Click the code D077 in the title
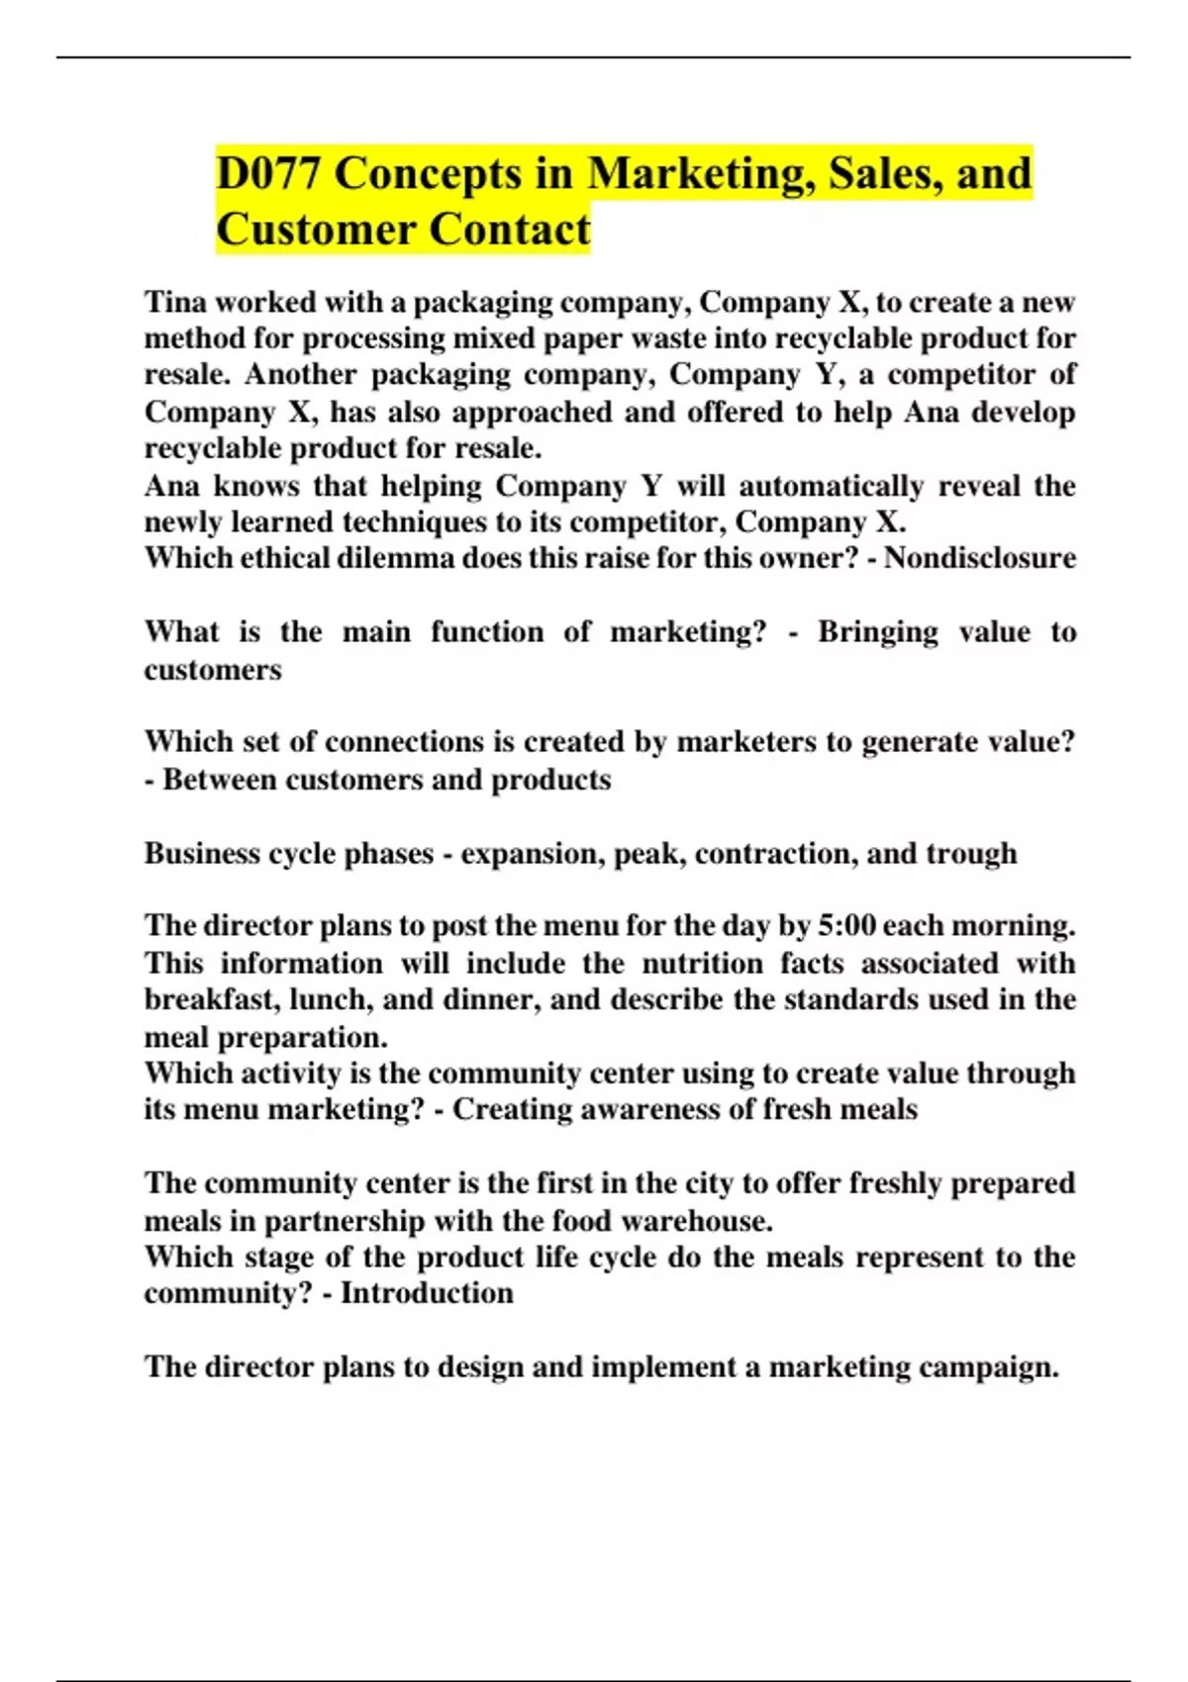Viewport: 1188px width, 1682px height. [268, 174]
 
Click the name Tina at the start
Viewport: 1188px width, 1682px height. [174, 302]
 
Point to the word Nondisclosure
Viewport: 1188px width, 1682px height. [979, 558]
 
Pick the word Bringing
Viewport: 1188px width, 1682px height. [877, 632]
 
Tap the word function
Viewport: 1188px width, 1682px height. [486, 632]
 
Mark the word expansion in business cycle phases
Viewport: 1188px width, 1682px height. [533, 853]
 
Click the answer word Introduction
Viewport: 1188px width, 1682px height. [427, 1293]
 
